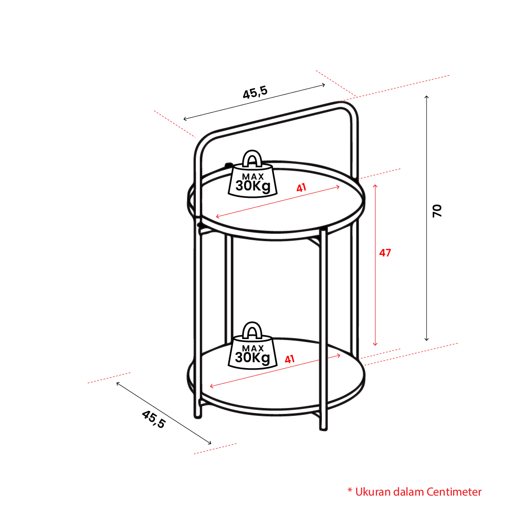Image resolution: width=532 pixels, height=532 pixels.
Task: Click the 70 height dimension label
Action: (437, 211)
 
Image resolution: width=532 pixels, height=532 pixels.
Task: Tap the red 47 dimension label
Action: (385, 253)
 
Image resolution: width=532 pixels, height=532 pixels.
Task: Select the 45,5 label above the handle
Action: (255, 93)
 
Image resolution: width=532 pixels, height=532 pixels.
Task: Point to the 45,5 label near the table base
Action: (154, 419)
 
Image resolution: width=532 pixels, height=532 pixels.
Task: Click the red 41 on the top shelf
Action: (301, 188)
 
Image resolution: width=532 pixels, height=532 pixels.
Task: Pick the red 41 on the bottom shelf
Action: (289, 359)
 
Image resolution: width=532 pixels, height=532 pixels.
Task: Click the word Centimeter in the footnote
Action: (454, 492)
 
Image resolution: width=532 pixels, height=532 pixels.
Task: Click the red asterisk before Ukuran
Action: (350, 490)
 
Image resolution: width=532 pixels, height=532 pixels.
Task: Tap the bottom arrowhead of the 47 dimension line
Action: (375, 345)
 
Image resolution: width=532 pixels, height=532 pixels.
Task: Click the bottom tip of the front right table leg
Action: (324, 429)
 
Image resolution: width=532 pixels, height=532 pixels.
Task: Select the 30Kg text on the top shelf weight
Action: (253, 186)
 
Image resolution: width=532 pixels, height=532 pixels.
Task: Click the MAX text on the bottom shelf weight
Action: (253, 348)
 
